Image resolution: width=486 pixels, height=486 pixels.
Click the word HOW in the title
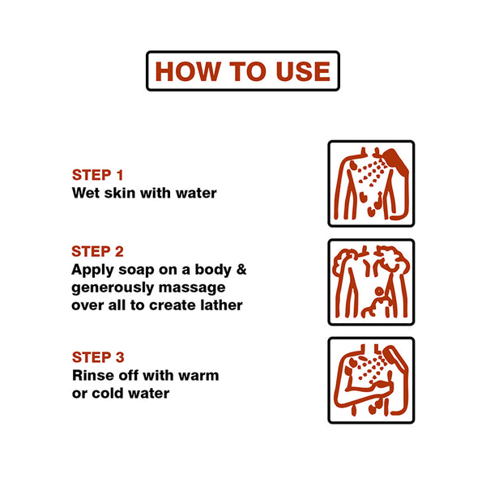tap(187, 71)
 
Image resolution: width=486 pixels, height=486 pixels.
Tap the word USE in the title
tap(303, 71)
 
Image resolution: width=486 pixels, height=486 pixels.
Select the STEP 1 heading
tap(98, 175)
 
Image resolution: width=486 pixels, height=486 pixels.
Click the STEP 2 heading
tap(98, 251)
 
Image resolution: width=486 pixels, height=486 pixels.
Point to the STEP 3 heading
tap(98, 357)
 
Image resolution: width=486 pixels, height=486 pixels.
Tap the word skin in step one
tap(120, 193)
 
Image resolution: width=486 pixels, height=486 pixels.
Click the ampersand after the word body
tap(241, 270)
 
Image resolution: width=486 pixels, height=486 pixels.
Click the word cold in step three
tap(108, 393)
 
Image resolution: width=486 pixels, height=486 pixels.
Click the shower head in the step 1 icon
tap(396, 160)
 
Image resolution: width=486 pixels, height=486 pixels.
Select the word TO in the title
tap(247, 71)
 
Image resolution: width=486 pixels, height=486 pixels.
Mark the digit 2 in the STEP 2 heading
tap(119, 251)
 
